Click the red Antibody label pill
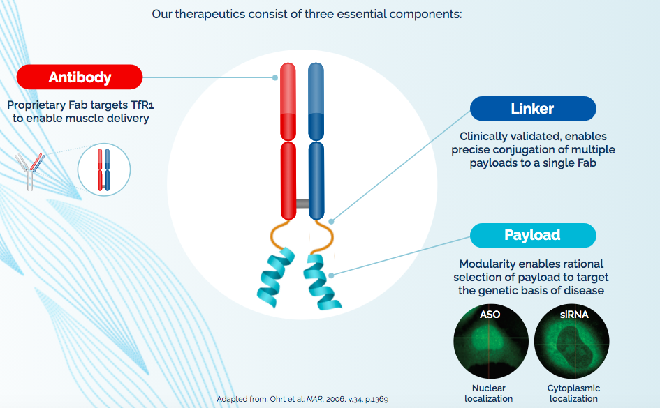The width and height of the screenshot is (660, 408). (80, 77)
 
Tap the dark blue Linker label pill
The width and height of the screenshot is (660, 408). (533, 108)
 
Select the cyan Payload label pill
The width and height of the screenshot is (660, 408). (533, 235)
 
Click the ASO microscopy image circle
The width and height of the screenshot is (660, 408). (491, 341)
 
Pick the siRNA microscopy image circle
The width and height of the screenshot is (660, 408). (571, 341)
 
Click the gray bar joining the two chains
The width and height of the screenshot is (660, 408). (302, 204)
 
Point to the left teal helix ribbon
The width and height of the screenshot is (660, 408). (276, 278)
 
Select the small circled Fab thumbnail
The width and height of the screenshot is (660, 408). (104, 169)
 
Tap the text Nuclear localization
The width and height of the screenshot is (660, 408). (489, 393)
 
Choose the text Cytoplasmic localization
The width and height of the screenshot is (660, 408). (573, 393)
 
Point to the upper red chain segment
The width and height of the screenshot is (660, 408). (288, 102)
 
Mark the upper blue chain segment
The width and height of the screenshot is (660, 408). (316, 102)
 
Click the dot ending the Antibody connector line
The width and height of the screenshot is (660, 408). (275, 77)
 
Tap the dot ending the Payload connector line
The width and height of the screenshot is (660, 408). (331, 275)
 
